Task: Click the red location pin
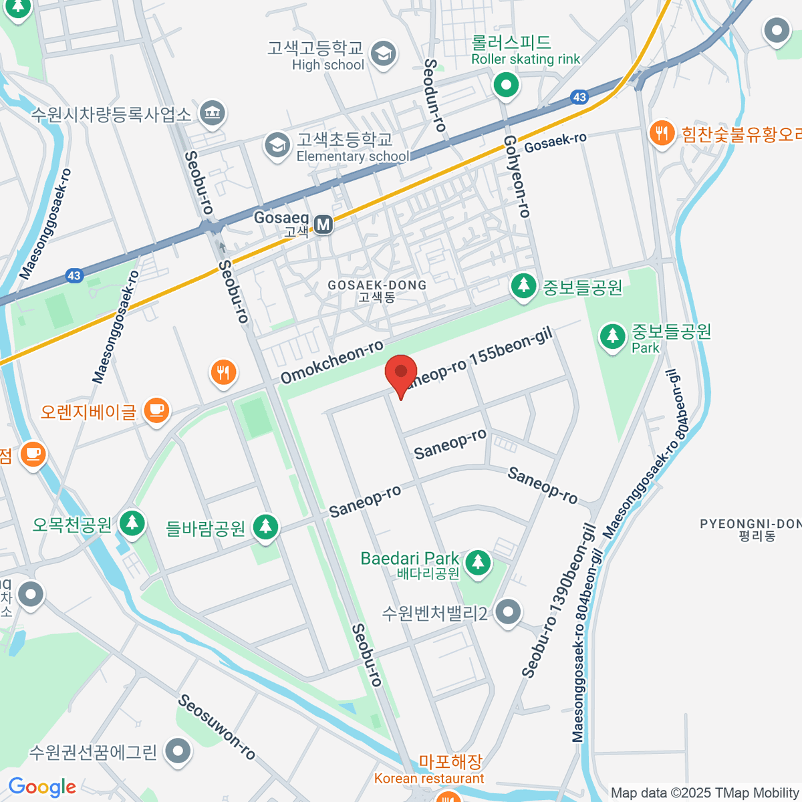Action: click(x=401, y=372)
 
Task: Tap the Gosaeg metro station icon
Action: click(x=323, y=224)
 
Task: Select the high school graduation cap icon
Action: click(x=384, y=55)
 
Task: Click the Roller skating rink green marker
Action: click(x=506, y=85)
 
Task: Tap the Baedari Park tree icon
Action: click(x=477, y=561)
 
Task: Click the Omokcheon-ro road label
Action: click(x=331, y=362)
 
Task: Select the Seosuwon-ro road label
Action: click(x=217, y=727)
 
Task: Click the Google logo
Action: click(x=42, y=787)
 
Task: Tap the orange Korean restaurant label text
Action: click(x=429, y=779)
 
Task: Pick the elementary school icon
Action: click(x=277, y=144)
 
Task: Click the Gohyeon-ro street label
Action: click(x=517, y=176)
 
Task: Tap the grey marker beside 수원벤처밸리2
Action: click(x=509, y=612)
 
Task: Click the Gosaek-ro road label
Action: click(x=555, y=142)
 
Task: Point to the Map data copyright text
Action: click(x=704, y=793)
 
